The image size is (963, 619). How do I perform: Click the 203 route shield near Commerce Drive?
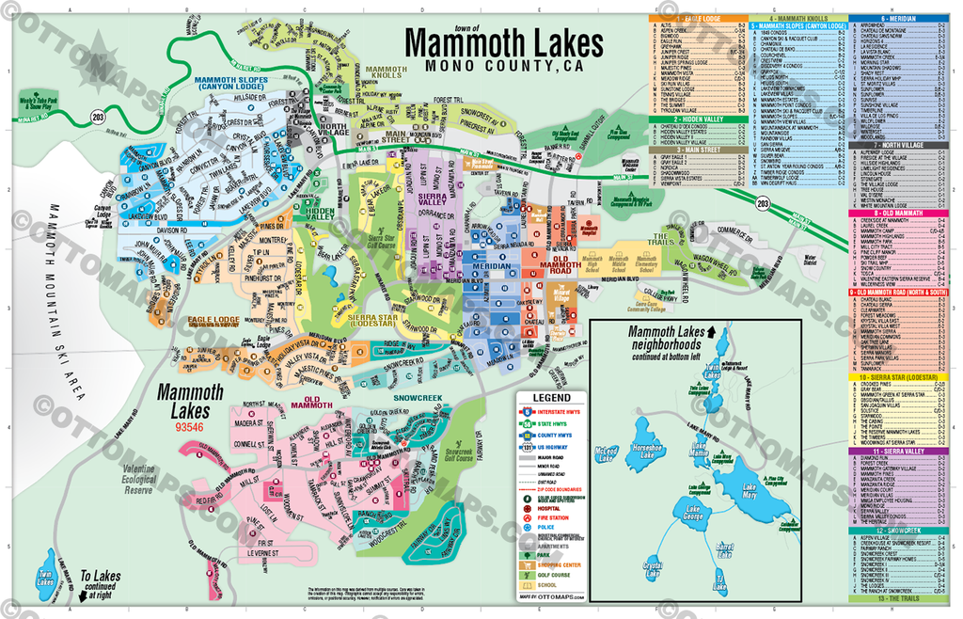(x=760, y=202)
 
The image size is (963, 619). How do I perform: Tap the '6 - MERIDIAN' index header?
(x=898, y=19)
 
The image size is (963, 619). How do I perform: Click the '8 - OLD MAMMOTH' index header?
(x=898, y=214)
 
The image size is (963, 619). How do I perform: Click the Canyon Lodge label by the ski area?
(x=102, y=212)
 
